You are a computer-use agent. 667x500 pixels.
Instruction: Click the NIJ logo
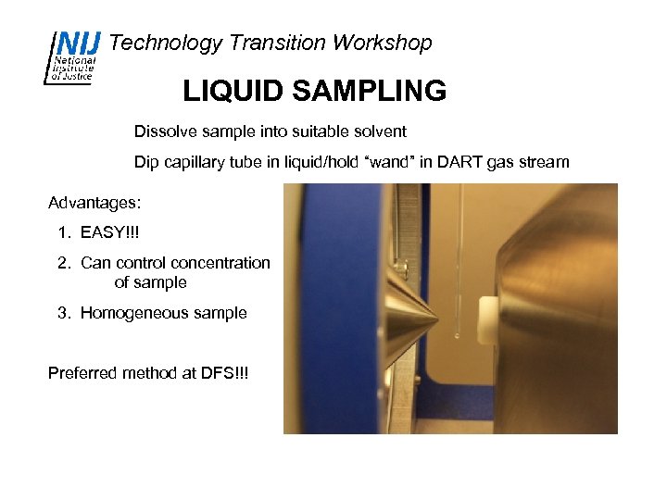click(x=73, y=56)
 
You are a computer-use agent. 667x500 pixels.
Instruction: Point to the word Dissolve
click(x=165, y=131)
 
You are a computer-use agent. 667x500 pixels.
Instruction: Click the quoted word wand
click(x=389, y=162)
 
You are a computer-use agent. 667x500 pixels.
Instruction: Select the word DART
click(x=450, y=162)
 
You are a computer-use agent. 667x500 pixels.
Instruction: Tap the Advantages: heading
click(x=94, y=202)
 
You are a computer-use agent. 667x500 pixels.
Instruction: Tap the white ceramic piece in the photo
click(x=485, y=319)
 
